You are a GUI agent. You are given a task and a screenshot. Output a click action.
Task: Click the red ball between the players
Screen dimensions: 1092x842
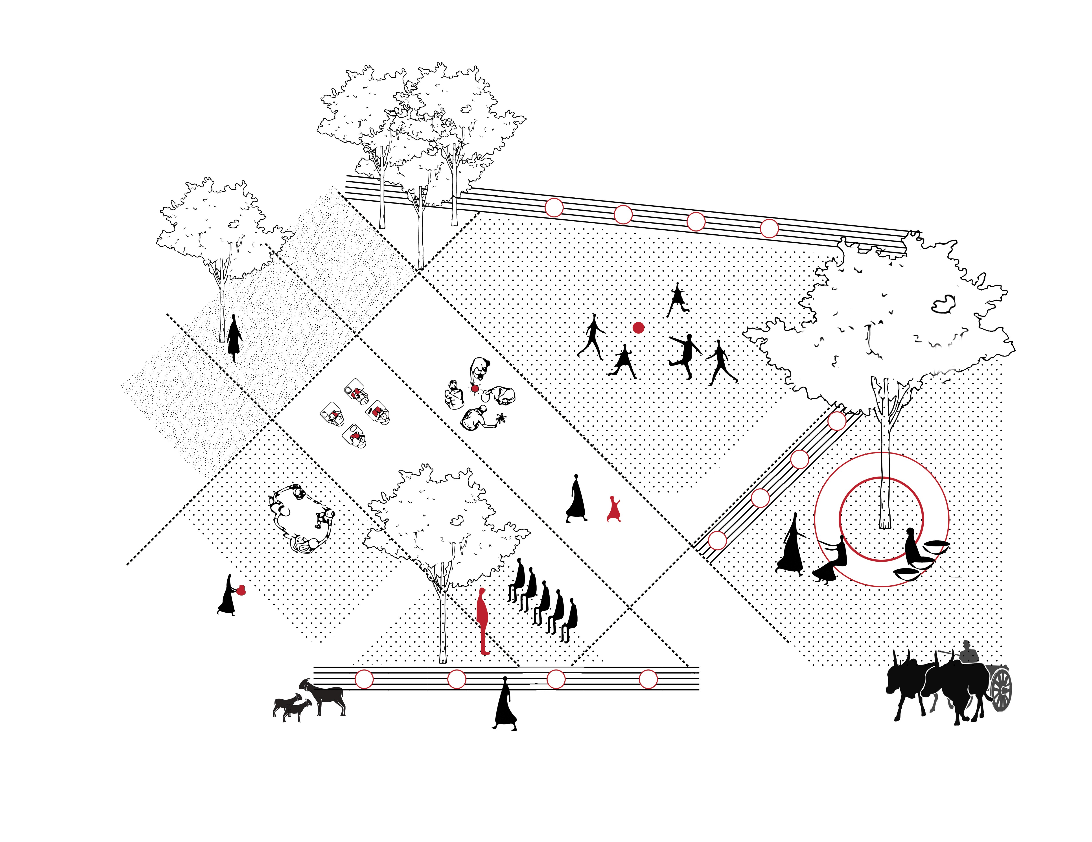[x=638, y=328]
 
